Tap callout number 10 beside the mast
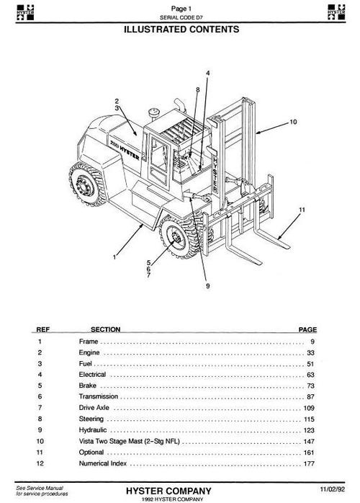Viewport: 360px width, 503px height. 292,123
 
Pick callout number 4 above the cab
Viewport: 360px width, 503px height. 207,74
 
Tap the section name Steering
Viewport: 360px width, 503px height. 91,420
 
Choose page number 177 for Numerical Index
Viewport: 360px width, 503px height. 311,466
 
